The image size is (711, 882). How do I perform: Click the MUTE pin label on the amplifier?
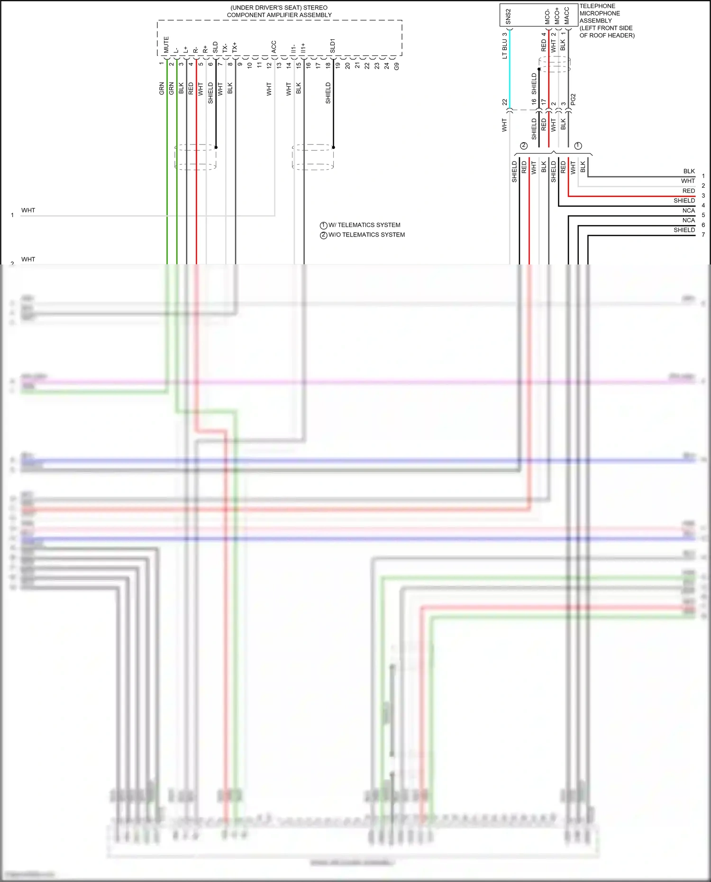(x=166, y=45)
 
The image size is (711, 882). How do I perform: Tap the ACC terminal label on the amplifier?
(x=273, y=46)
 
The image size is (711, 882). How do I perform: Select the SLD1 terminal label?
(x=332, y=46)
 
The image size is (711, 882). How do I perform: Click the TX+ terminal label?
(x=235, y=47)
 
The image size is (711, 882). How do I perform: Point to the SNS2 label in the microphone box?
(x=508, y=17)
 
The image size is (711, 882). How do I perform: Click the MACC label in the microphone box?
(x=566, y=16)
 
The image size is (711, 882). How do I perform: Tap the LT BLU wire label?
(x=504, y=49)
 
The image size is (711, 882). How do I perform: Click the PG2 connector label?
(x=573, y=99)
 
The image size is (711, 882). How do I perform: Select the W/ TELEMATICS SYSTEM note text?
(x=364, y=225)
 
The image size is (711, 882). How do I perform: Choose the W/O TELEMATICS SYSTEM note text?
(x=366, y=235)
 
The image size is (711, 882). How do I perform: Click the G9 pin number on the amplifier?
(x=396, y=66)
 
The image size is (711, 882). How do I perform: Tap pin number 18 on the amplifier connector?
(x=328, y=65)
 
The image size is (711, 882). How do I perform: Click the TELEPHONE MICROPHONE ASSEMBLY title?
(x=606, y=20)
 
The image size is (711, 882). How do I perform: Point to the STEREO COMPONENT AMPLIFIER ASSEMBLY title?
(x=279, y=11)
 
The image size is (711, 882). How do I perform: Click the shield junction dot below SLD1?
(x=333, y=147)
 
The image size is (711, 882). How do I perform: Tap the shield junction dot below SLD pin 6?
(x=216, y=147)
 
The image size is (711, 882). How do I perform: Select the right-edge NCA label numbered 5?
(x=688, y=210)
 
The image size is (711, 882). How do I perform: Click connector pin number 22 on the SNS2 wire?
(x=504, y=102)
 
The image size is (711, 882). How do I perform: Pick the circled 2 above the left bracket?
(x=523, y=145)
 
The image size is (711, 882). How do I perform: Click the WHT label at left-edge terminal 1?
(x=28, y=210)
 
